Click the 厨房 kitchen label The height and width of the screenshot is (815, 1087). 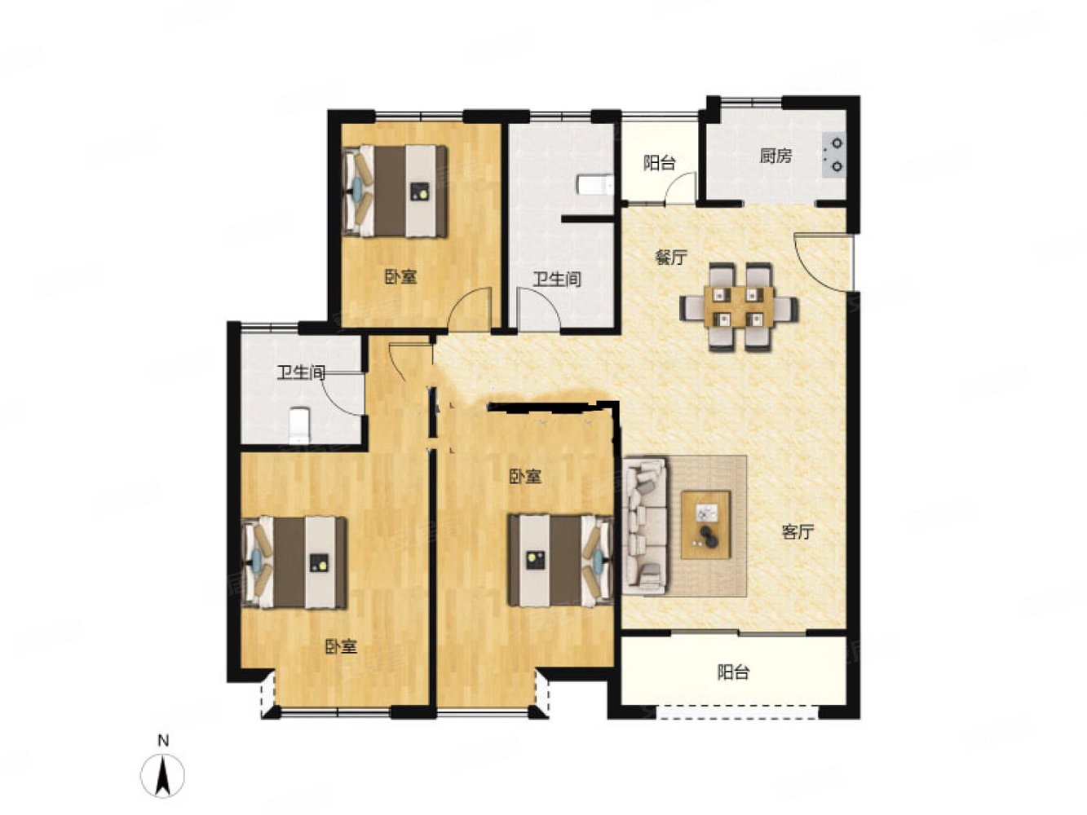[x=775, y=156]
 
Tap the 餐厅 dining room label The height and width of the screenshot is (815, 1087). [x=671, y=258]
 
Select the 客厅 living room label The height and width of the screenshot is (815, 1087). [x=798, y=532]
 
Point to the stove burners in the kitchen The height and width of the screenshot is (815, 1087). [x=833, y=155]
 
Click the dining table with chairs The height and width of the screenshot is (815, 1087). [x=739, y=306]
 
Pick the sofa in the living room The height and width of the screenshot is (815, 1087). [x=645, y=526]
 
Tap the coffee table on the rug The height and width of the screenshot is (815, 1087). [x=705, y=526]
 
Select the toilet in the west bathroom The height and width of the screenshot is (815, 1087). [x=299, y=425]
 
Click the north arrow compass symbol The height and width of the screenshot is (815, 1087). [x=162, y=776]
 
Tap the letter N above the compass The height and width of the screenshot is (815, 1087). [x=163, y=741]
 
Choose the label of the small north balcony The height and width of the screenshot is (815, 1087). [x=659, y=163]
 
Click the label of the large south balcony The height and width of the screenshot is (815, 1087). [x=733, y=672]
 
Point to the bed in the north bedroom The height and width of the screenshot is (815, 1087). [x=395, y=191]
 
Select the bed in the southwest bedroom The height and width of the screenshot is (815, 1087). [x=294, y=562]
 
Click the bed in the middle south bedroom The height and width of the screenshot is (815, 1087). [x=560, y=560]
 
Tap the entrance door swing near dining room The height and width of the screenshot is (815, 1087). [x=817, y=262]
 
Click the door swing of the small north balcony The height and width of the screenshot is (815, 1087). [x=682, y=188]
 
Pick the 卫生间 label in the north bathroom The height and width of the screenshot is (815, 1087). [x=557, y=280]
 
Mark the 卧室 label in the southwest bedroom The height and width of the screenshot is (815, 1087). [x=341, y=647]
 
